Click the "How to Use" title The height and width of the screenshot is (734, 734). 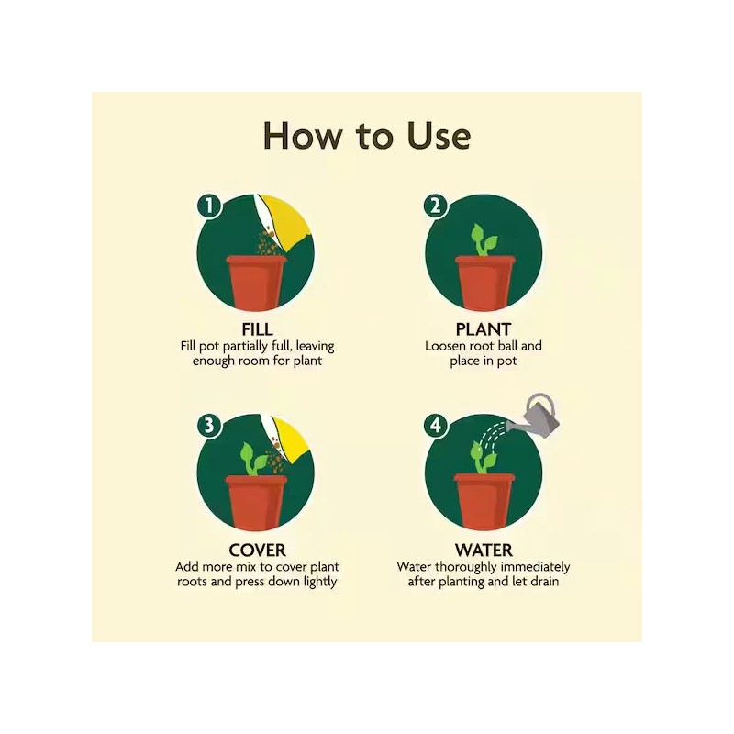coord(367,135)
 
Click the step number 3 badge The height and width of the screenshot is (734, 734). coord(210,426)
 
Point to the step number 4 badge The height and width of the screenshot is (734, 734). coord(437,426)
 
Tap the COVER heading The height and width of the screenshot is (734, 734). coord(257,550)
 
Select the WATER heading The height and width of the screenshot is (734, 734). coord(483,550)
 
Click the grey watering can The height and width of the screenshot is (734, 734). coord(539,418)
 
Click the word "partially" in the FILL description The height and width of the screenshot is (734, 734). coord(243,347)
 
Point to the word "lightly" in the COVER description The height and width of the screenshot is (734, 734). coord(318,582)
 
